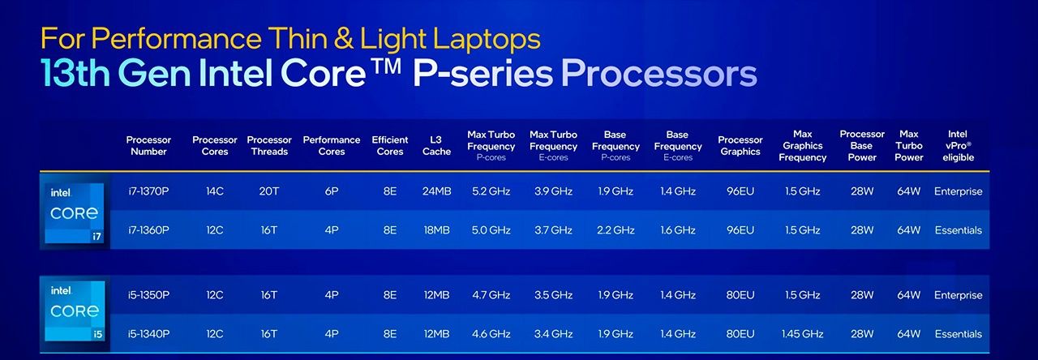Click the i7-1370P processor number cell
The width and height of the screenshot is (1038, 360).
tap(148, 191)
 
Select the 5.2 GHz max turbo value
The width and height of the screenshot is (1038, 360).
tap(491, 191)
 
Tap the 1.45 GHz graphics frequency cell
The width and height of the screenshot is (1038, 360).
tap(802, 333)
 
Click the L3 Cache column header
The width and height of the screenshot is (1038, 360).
tap(436, 145)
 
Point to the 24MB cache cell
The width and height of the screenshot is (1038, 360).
tap(436, 191)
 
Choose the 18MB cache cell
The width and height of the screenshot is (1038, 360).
tap(436, 229)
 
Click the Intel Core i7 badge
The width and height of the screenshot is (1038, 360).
tap(74, 212)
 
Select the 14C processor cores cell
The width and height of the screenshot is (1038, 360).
tap(215, 191)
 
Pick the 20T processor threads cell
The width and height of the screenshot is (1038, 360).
tap(268, 191)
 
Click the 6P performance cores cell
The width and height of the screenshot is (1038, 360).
tap(332, 191)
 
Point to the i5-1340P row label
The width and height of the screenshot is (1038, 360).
tap(148, 333)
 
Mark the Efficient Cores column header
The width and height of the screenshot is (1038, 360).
tap(390, 145)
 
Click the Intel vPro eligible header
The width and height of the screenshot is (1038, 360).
tap(958, 145)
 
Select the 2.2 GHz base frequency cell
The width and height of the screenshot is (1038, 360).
tap(616, 229)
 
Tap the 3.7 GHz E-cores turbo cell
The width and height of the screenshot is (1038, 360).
tap(553, 229)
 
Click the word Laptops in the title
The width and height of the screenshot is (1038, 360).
tap(487, 38)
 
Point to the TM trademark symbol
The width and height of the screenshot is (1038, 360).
tap(385, 66)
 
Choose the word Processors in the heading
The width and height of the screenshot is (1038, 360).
tap(659, 74)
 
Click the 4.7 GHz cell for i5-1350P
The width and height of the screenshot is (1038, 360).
tap(491, 294)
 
